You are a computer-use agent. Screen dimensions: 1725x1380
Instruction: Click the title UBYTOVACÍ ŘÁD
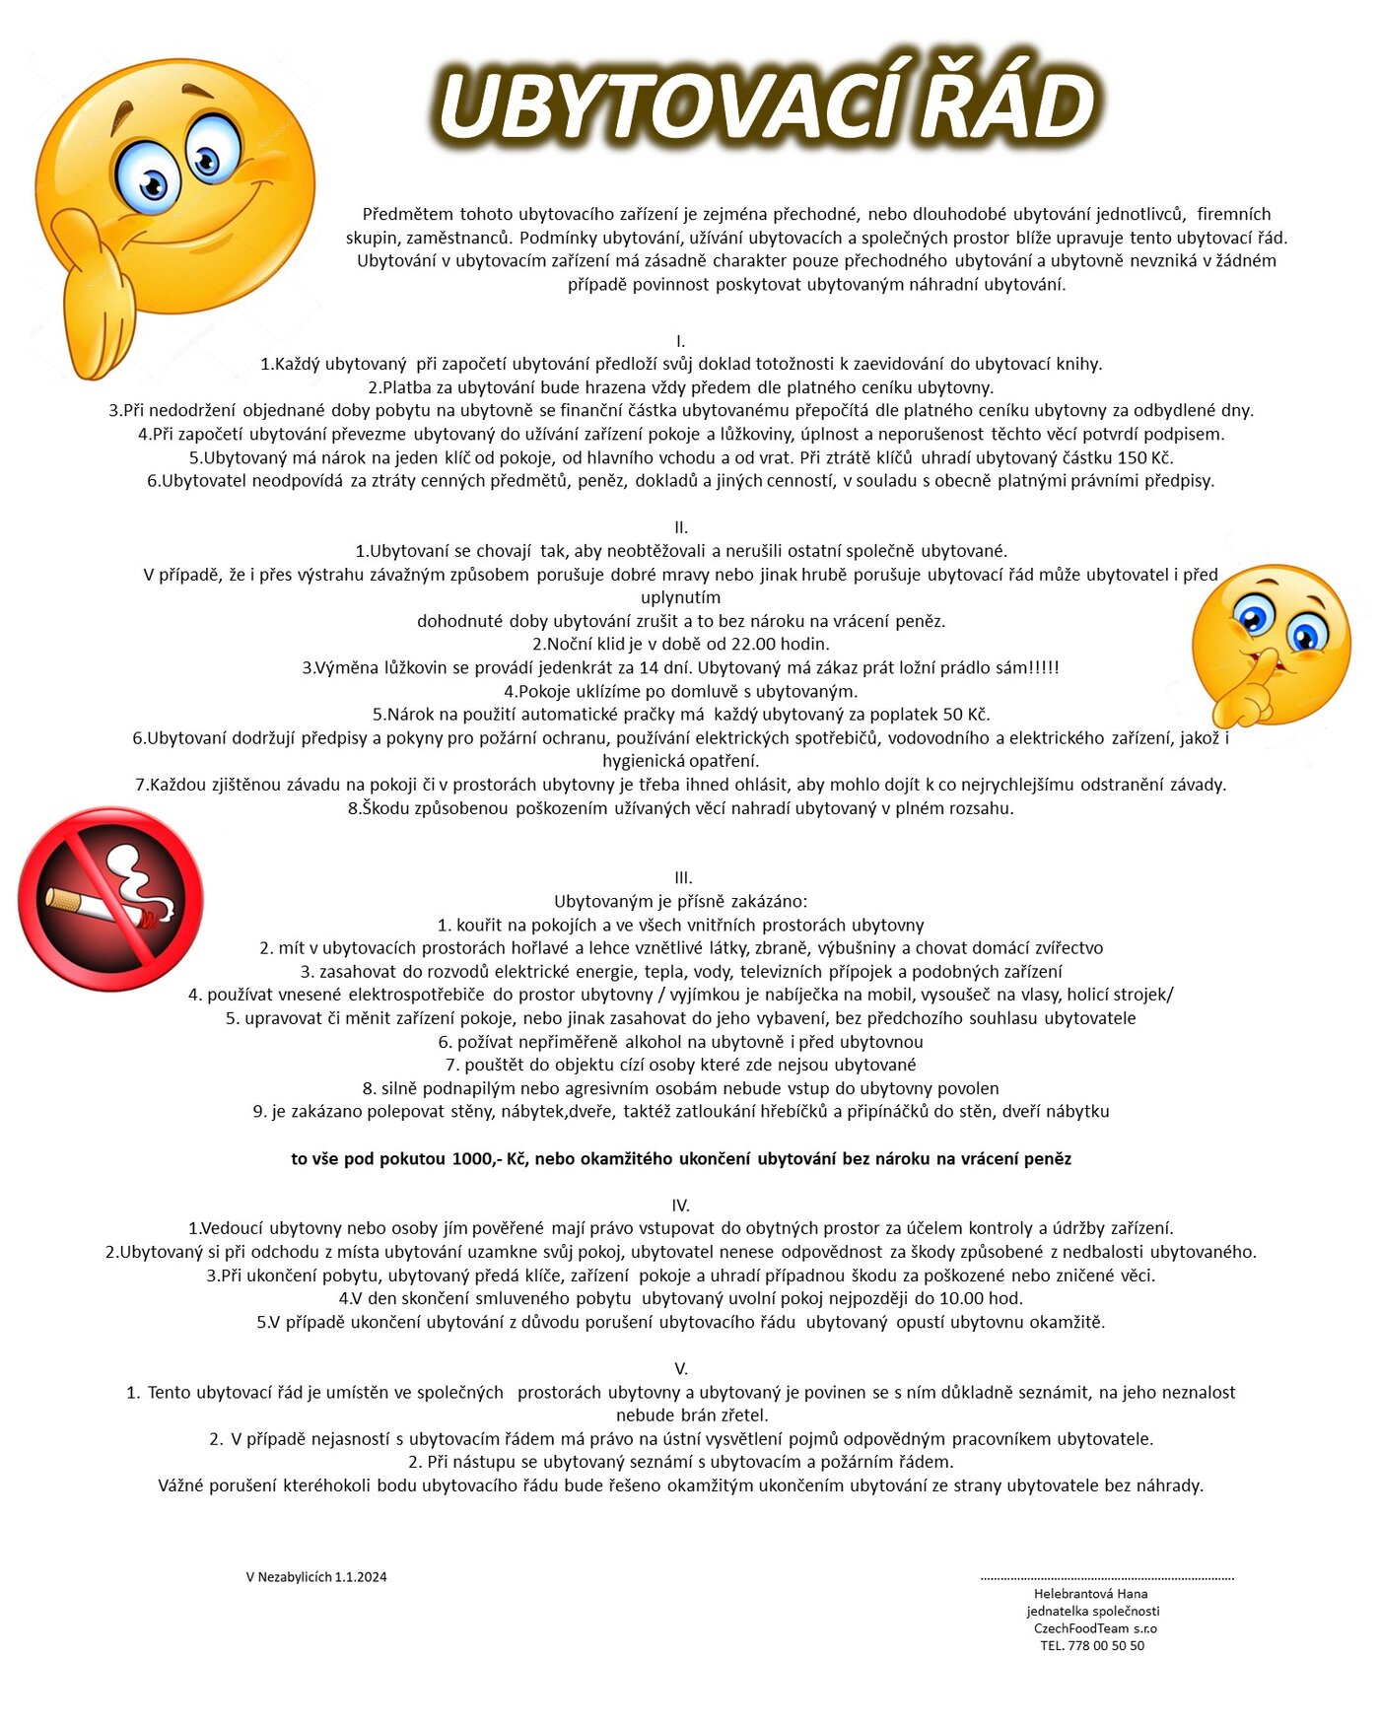766,103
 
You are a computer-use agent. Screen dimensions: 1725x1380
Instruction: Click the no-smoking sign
110,898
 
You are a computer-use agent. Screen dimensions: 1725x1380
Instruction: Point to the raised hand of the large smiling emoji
97,296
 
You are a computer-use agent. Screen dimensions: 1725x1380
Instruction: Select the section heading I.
680,341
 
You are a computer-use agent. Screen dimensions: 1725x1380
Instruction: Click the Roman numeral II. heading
680,527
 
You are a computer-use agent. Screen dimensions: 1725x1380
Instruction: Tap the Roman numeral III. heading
683,877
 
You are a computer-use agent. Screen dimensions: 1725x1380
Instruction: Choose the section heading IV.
680,1205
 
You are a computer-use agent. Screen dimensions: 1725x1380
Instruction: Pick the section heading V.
680,1368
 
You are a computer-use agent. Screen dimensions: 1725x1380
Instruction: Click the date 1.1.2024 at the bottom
361,1577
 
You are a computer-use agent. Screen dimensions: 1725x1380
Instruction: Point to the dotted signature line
1106,1578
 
